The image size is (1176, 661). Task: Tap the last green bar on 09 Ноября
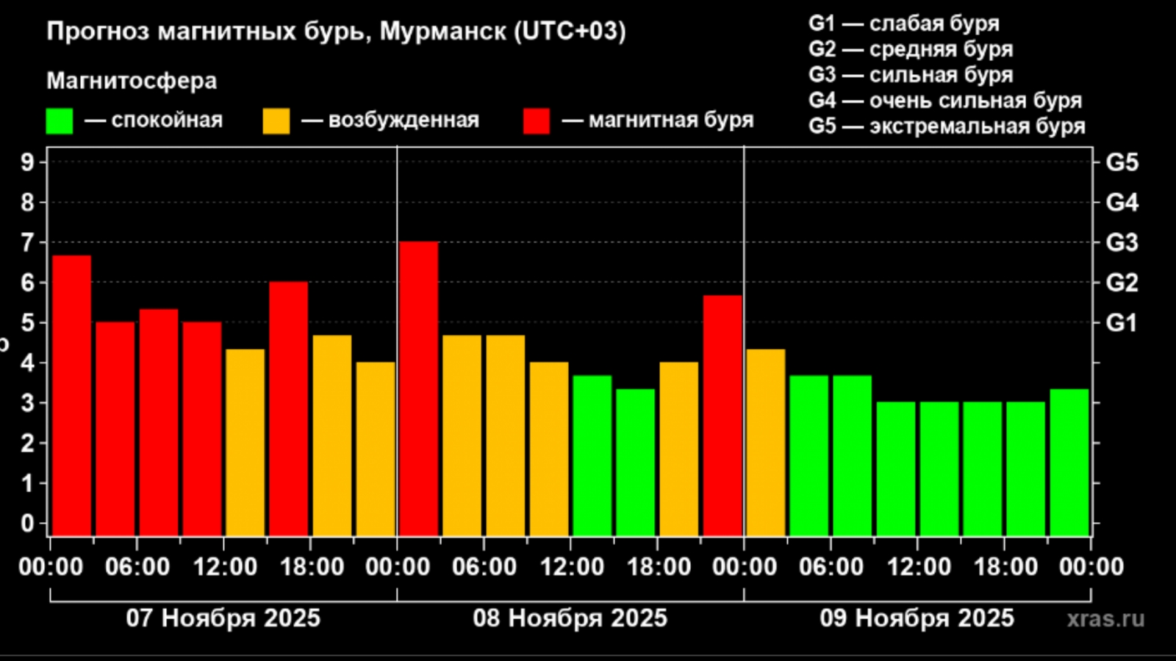coord(1069,462)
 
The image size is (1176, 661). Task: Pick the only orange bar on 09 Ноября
coord(766,442)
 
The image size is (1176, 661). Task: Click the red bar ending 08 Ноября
coord(723,415)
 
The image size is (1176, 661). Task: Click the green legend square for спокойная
coord(60,121)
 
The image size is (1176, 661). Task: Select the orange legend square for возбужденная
coord(276,121)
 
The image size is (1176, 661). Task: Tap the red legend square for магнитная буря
coord(537,121)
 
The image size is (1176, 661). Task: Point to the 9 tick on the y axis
coord(28,162)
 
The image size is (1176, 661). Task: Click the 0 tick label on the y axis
coord(28,524)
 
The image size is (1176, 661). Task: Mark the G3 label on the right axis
coord(1122,242)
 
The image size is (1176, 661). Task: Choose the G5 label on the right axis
coord(1122,162)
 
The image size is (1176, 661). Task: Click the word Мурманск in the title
coord(442,32)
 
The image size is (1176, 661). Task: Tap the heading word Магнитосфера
coord(132,81)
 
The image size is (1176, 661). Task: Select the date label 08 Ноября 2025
coord(570,618)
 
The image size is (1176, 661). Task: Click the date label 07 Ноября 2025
coord(223,618)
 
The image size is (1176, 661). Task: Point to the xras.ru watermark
coord(1105,618)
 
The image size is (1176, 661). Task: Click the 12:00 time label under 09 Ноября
coord(918,567)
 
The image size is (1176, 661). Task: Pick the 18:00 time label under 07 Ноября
coord(312,567)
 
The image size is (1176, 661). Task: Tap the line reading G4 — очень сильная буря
coord(945,101)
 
